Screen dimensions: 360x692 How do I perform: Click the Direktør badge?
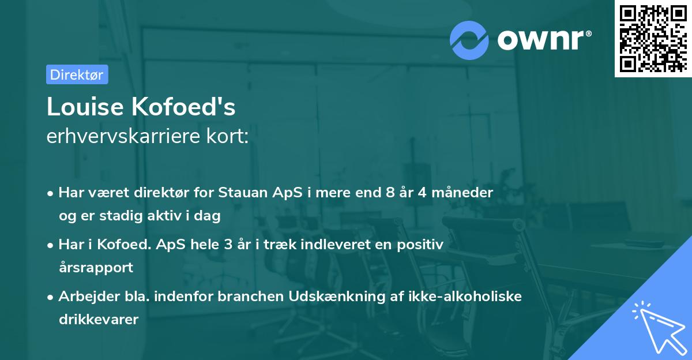77,74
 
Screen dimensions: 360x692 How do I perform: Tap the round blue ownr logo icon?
469,40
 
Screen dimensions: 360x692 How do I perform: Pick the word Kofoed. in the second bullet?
125,245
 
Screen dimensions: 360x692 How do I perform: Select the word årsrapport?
96,267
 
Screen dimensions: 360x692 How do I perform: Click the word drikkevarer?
99,319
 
